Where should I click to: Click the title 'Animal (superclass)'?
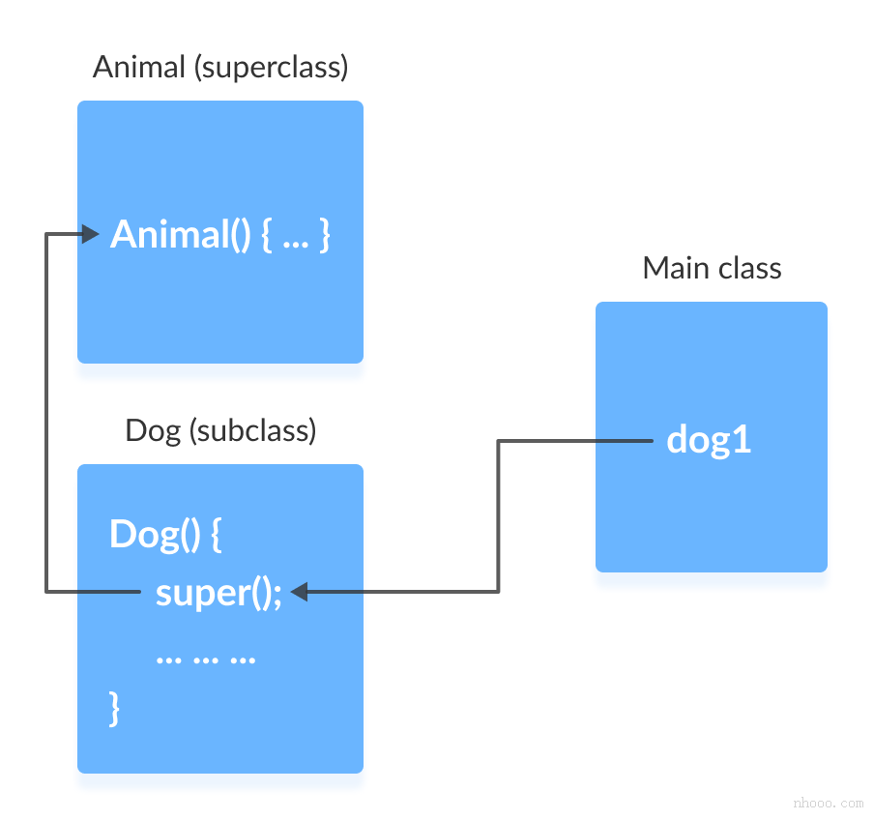tap(220, 68)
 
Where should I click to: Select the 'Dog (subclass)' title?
tap(220, 430)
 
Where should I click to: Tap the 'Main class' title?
tap(712, 268)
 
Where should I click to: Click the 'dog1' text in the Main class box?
tap(709, 441)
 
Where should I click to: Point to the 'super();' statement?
tap(218, 592)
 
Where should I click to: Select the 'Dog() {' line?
tap(165, 534)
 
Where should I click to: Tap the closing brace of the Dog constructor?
tap(115, 708)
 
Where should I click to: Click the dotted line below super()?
tap(205, 659)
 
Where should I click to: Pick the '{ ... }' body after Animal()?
tap(296, 235)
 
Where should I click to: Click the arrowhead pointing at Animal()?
tap(92, 233)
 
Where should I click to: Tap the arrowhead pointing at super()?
tap(299, 591)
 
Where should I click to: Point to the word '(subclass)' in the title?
tap(253, 430)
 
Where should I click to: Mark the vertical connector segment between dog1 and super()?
tap(498, 517)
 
